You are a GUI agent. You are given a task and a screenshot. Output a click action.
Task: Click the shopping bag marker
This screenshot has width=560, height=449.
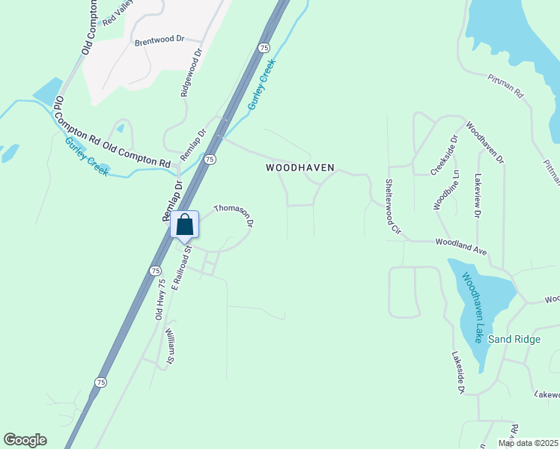point(185,224)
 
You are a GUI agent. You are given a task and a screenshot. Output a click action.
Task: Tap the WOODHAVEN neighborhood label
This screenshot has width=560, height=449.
point(299,168)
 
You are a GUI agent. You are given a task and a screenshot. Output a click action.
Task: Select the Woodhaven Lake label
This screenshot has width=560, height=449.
point(472,307)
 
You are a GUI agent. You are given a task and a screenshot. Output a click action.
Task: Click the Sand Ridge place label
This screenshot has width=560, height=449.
point(514,339)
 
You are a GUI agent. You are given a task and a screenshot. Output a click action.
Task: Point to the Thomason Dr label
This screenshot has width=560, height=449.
point(234,216)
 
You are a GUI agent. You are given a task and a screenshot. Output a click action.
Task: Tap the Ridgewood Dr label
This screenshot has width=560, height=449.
point(191,73)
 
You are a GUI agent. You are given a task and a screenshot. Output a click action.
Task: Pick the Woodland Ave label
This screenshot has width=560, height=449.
point(461,247)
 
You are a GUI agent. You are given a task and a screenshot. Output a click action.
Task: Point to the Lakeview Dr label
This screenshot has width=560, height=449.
point(477,195)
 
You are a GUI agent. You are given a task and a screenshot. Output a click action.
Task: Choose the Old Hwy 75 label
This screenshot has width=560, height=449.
point(159,301)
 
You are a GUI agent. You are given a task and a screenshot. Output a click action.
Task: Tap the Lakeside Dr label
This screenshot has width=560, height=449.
point(457,373)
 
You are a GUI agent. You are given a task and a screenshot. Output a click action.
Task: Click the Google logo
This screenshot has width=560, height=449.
point(25,440)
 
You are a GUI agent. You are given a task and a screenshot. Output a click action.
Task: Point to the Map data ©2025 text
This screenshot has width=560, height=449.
point(528,443)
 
